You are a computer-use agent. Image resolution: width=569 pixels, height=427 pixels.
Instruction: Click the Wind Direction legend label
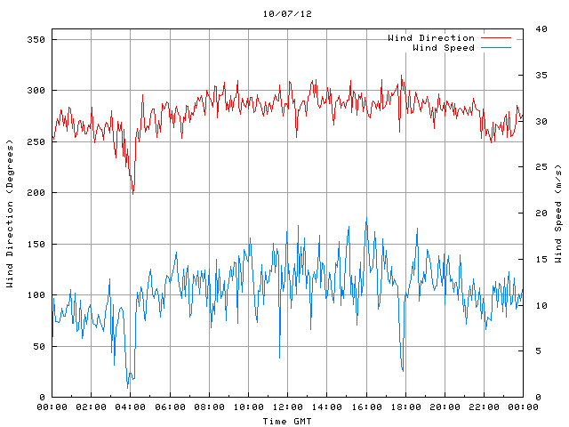coord(431,38)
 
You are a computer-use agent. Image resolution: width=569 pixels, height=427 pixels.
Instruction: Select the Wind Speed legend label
coord(444,47)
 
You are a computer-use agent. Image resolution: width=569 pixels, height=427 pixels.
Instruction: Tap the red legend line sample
coord(497,38)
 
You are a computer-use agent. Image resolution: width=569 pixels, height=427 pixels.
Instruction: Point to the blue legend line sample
coord(497,47)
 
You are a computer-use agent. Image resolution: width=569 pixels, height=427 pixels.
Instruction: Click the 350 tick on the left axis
coord(36,40)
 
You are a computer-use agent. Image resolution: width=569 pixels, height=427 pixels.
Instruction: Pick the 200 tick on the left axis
coord(36,193)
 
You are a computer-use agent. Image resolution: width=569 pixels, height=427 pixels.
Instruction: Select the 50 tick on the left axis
coord(39,346)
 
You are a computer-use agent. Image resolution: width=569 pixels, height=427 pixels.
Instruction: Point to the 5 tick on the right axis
coord(533,351)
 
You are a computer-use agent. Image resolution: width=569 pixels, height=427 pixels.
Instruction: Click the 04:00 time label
coord(131,407)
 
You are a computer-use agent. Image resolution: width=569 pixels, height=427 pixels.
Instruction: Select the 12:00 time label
coord(287,407)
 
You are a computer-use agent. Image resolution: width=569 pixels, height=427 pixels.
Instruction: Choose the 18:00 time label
coord(405,407)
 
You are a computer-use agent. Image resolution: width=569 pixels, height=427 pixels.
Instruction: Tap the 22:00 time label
coord(483,407)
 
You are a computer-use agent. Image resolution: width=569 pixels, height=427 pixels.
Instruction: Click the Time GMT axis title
coord(287,421)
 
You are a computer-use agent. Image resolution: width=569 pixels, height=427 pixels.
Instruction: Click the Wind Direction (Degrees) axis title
coord(10,213)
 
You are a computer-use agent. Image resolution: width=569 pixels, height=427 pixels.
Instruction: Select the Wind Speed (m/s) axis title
coord(558,213)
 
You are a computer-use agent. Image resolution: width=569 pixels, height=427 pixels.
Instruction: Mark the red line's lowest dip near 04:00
coord(133,192)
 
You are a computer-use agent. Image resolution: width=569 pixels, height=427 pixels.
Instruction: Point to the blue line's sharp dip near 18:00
coord(403,370)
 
